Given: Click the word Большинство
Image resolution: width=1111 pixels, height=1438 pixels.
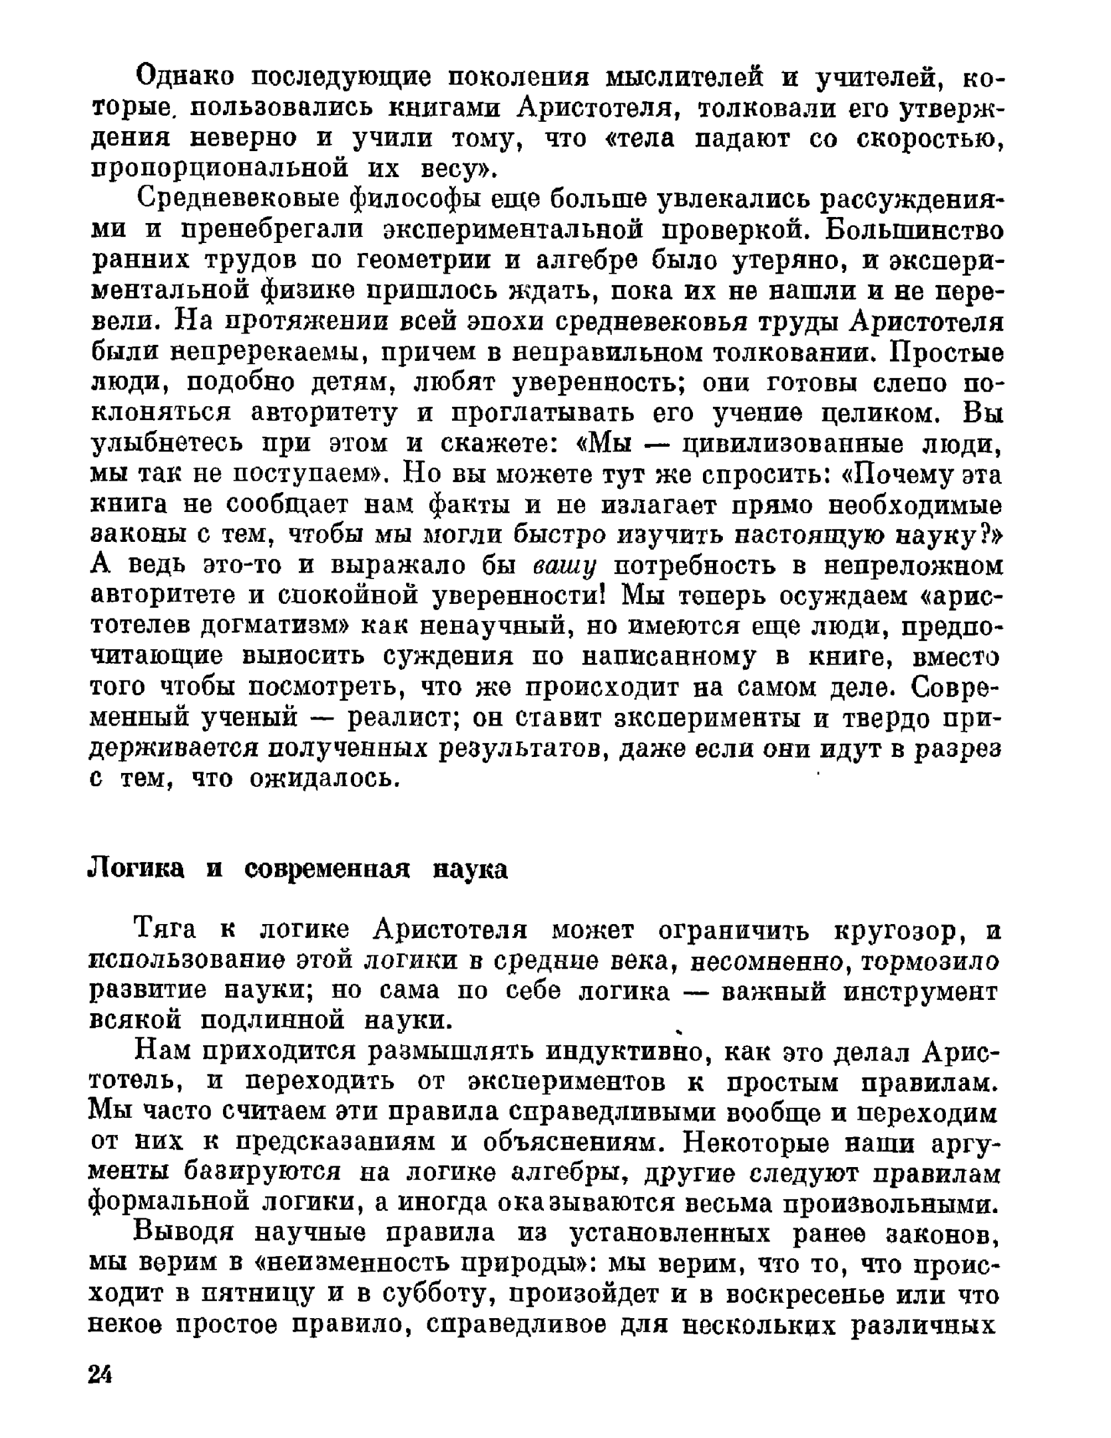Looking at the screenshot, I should click(x=913, y=230).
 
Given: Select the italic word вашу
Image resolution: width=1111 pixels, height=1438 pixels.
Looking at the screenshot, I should click(x=565, y=567).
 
